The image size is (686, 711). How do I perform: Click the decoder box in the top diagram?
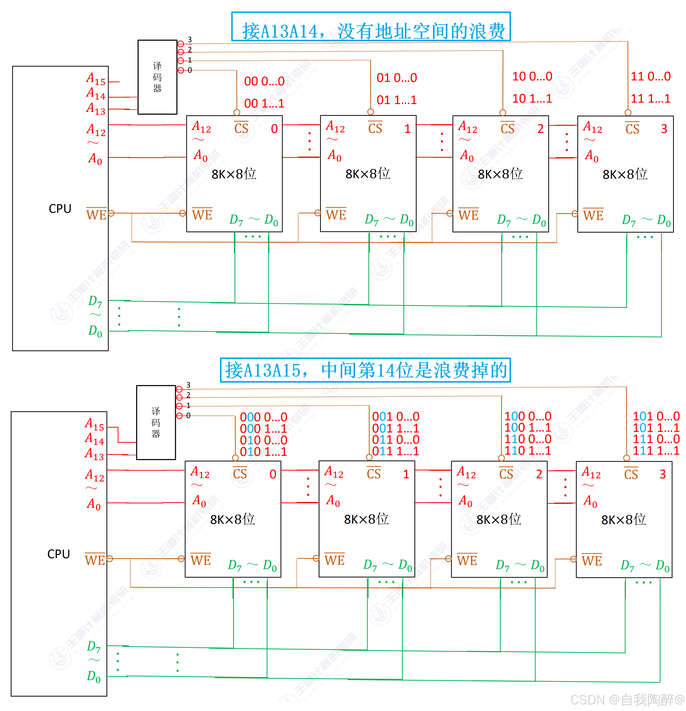pyautogui.click(x=157, y=77)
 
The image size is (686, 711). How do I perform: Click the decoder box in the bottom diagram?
pyautogui.click(x=156, y=423)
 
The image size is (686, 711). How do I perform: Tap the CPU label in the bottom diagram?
pyautogui.click(x=59, y=554)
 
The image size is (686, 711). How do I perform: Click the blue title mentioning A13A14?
pyautogui.click(x=371, y=31)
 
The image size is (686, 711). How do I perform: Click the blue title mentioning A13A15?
pyautogui.click(x=365, y=370)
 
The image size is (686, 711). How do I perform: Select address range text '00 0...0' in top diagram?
pyautogui.click(x=264, y=81)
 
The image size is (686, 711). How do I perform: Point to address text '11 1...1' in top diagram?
pyautogui.click(x=651, y=98)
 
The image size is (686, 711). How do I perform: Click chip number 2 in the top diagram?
pyautogui.click(x=541, y=129)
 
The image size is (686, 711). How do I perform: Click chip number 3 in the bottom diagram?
pyautogui.click(x=662, y=474)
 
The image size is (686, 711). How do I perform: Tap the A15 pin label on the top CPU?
pyautogui.click(x=96, y=79)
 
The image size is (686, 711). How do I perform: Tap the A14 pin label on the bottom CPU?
pyautogui.click(x=94, y=439)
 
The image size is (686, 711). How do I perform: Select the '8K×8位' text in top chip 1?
pyautogui.click(x=367, y=174)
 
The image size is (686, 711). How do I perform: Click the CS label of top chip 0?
pyautogui.click(x=241, y=128)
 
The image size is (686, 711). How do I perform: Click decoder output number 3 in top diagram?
pyautogui.click(x=189, y=39)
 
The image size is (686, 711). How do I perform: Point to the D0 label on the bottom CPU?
pyautogui.click(x=94, y=676)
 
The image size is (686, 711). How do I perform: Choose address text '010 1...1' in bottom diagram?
pyautogui.click(x=263, y=452)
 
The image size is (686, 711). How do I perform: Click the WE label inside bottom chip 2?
pyautogui.click(x=467, y=560)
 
